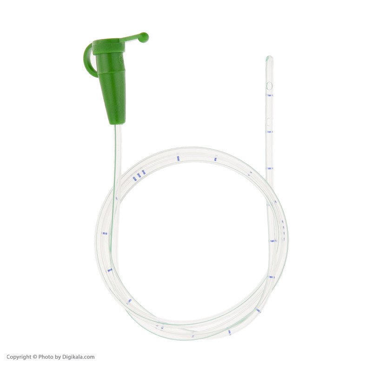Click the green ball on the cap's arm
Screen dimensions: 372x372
(x=143, y=37)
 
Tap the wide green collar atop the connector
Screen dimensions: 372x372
(x=108, y=46)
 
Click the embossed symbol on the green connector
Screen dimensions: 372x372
(x=121, y=60)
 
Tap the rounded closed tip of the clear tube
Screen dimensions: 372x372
(x=269, y=59)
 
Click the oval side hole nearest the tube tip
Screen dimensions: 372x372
(x=269, y=86)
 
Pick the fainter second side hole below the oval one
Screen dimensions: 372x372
(x=268, y=121)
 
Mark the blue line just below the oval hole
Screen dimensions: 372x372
(x=270, y=95)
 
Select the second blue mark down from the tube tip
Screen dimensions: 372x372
(x=270, y=132)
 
